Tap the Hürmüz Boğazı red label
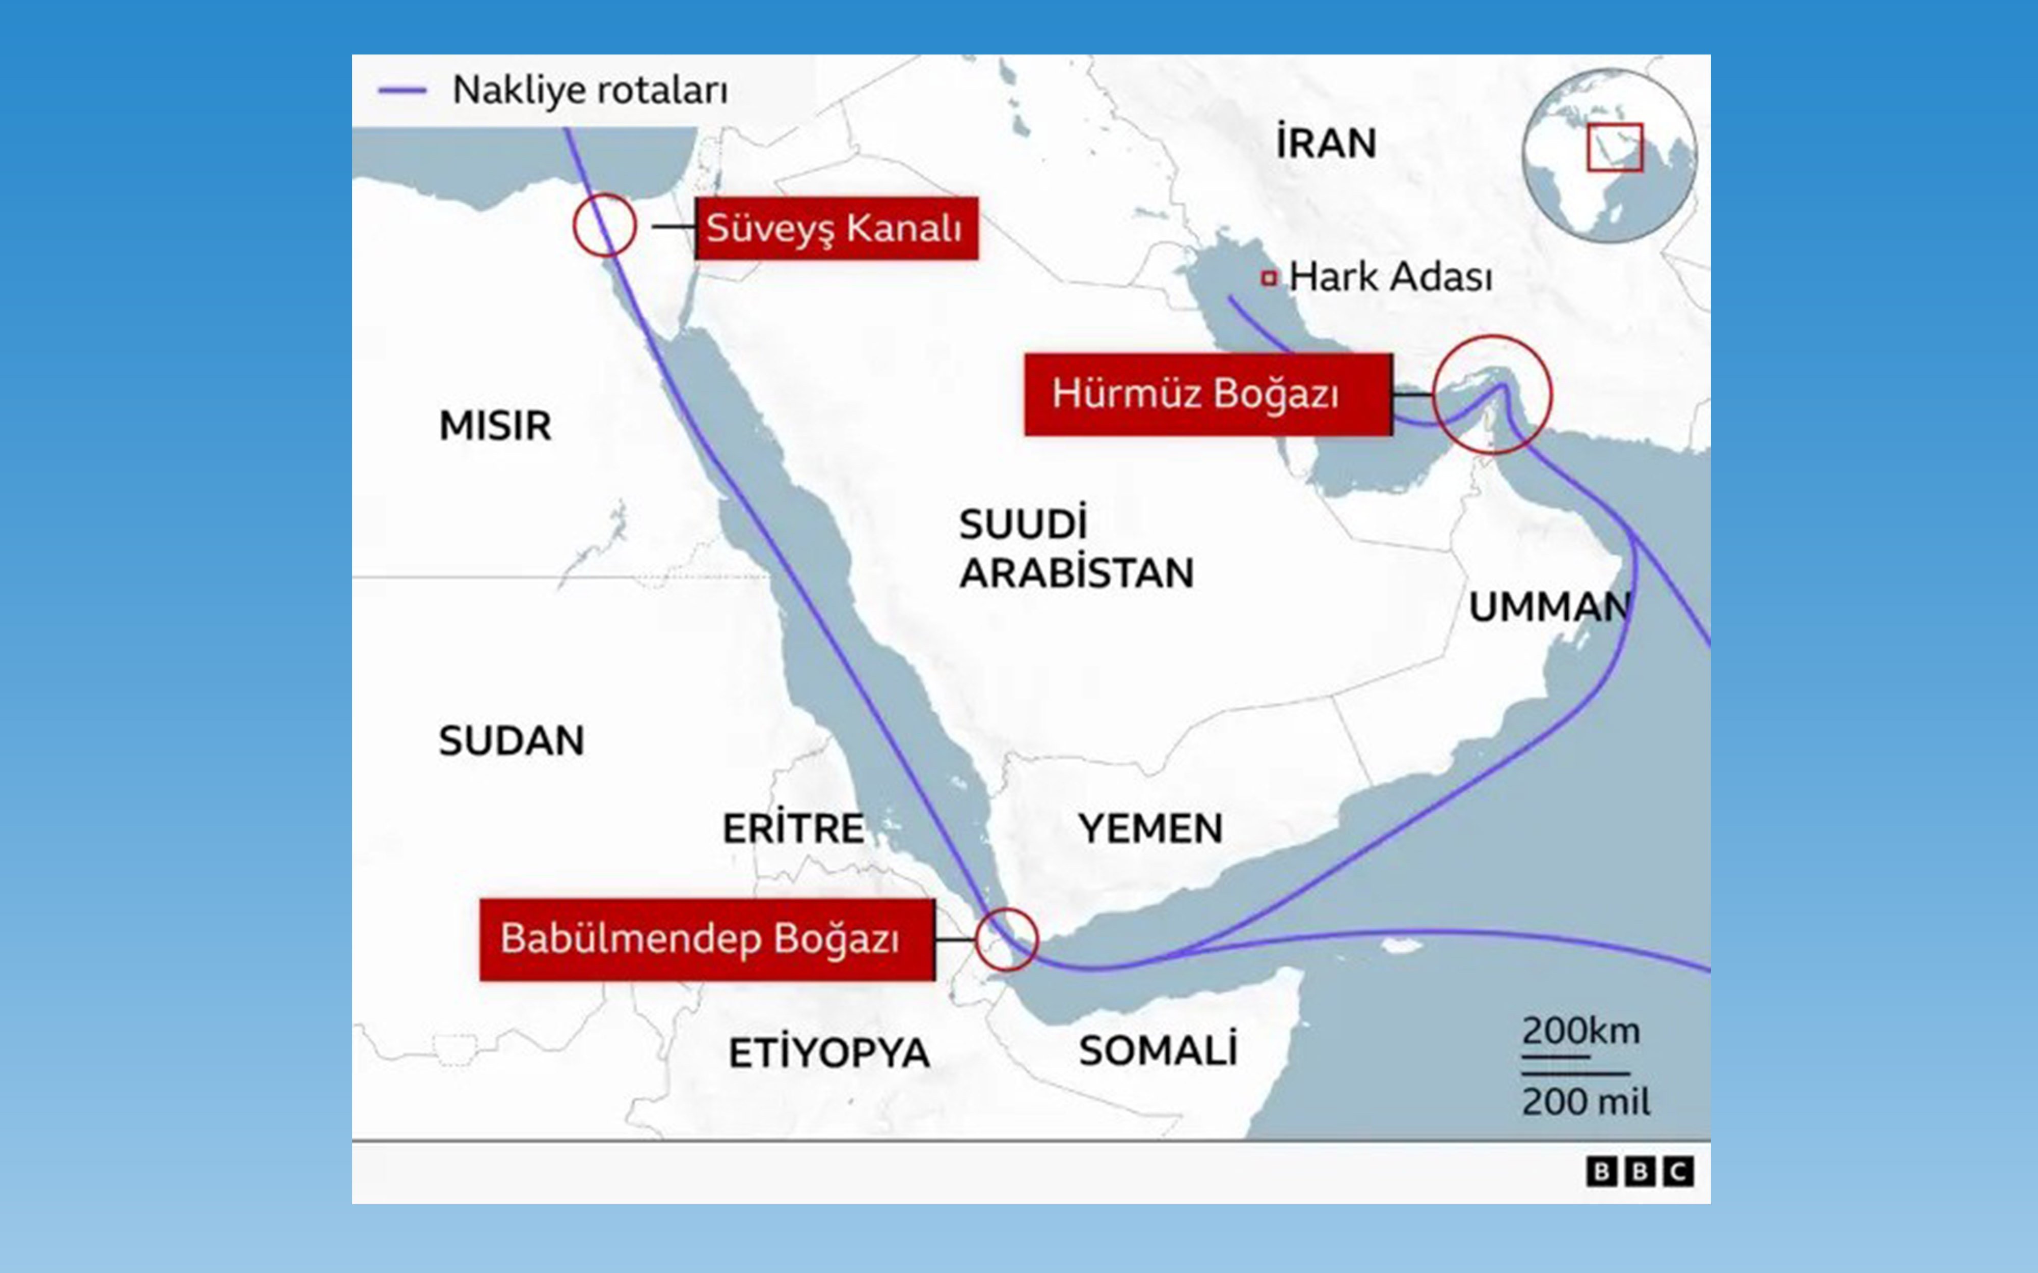coord(1208,394)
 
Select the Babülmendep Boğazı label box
coord(707,939)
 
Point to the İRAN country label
coord(1326,143)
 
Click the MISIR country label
coord(495,425)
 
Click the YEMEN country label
coord(1150,828)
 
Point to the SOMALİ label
coord(1158,1050)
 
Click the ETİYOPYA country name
coord(828,1053)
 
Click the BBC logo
coord(1639,1171)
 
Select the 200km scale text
coord(1580,1031)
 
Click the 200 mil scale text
coord(1586,1101)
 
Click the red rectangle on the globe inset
coord(1615,147)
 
